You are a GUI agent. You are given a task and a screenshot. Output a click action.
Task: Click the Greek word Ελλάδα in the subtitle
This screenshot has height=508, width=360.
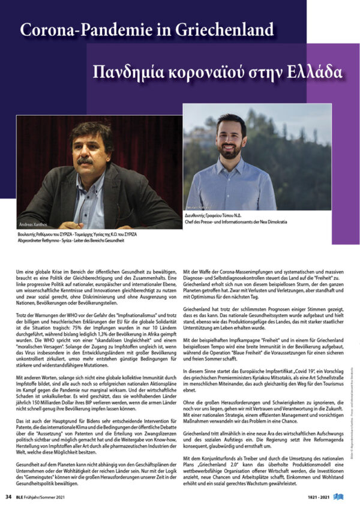[313, 73]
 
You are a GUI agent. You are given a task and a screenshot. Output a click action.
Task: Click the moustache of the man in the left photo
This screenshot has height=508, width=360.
[86, 161]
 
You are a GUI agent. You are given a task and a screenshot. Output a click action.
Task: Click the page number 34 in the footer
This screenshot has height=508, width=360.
[8, 497]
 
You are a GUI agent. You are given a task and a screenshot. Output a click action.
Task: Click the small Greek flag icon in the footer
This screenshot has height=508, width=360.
[349, 497]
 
